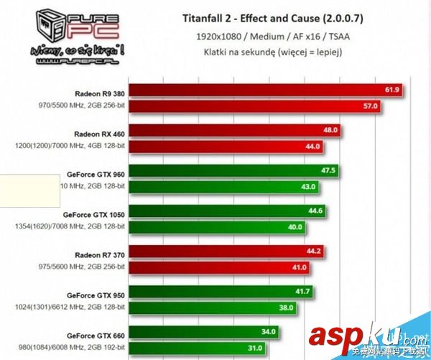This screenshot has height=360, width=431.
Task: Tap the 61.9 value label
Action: (x=391, y=90)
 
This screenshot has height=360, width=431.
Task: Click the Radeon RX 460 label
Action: (x=99, y=133)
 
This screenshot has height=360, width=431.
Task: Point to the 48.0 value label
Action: (x=330, y=131)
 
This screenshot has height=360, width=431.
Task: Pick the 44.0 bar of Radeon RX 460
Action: (x=226, y=146)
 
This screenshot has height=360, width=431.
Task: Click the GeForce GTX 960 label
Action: (x=96, y=173)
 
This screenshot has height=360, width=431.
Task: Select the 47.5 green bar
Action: (x=234, y=171)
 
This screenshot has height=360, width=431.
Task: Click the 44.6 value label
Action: (x=315, y=211)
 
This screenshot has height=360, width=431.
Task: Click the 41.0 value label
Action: (x=300, y=267)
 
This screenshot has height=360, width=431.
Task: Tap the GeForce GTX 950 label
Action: (x=96, y=294)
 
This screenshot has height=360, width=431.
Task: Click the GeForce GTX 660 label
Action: (x=96, y=334)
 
